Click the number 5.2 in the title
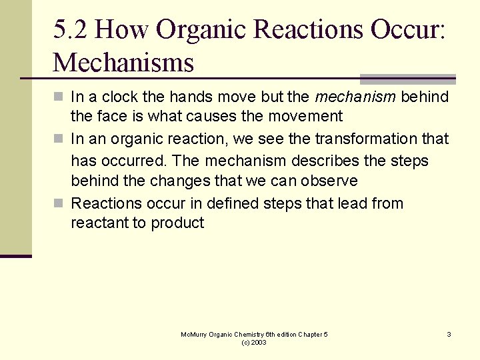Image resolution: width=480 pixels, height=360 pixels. click(70, 30)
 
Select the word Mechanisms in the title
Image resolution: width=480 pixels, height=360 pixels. click(123, 63)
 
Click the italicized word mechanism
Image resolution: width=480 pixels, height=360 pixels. click(356, 97)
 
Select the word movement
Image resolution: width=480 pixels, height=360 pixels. click(304, 117)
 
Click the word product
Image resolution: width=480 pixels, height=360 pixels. click(177, 223)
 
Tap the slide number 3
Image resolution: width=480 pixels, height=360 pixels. click(449, 334)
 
